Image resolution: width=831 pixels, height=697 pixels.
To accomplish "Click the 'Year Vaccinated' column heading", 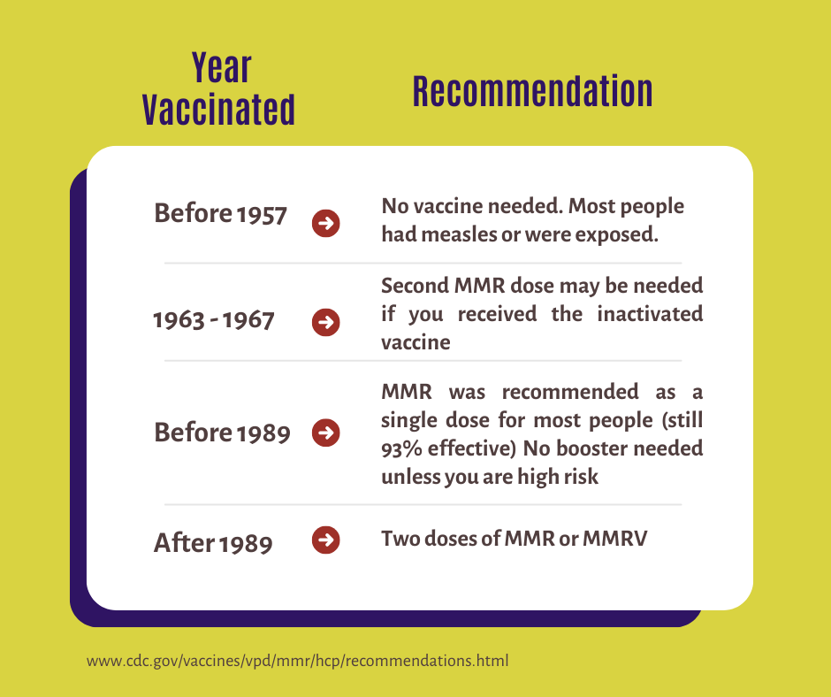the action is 219,88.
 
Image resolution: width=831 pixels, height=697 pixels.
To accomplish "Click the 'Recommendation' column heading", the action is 532,91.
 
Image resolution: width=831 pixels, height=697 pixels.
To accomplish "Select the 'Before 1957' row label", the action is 220,214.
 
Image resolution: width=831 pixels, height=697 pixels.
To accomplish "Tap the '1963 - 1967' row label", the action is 214,320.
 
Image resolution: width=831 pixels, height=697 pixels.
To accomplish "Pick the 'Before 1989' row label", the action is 222,433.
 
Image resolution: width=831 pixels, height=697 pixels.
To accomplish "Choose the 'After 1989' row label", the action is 213,542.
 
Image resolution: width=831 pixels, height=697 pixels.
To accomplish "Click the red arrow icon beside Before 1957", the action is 326,223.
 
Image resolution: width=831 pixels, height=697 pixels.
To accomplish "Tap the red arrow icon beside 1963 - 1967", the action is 326,322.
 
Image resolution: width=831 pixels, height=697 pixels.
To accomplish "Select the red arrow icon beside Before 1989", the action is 326,433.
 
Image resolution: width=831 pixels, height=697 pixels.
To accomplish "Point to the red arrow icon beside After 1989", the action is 326,540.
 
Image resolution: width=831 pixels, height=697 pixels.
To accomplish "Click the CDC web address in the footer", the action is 297,661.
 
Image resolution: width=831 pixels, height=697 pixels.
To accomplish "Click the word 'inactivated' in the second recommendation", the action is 650,313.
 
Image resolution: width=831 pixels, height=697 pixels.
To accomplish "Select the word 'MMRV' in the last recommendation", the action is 614,539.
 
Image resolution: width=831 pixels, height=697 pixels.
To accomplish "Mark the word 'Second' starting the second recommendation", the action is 415,286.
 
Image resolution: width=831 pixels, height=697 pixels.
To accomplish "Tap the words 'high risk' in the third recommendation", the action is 558,477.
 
